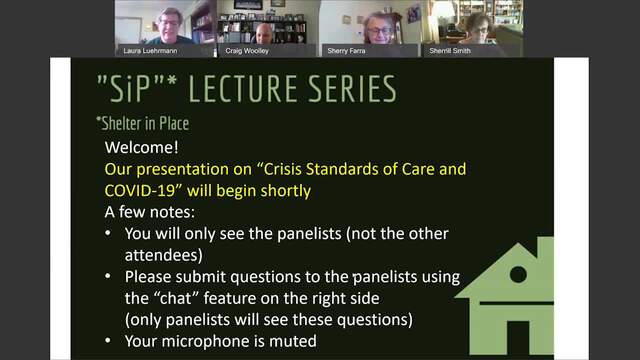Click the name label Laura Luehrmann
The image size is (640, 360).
[150, 51]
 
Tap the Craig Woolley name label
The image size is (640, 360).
[247, 51]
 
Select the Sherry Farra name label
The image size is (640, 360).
[346, 51]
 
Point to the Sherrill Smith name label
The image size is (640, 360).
[450, 51]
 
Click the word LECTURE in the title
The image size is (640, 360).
[244, 89]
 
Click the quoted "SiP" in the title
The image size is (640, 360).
[132, 88]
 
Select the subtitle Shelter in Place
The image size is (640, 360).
[143, 123]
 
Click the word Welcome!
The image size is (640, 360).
[141, 147]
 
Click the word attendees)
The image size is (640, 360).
[164, 255]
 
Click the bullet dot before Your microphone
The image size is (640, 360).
[108, 340]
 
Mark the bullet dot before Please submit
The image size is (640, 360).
[108, 276]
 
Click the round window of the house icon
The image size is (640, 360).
[518, 274]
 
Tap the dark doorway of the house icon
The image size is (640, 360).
[518, 338]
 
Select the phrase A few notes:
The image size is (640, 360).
[150, 212]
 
